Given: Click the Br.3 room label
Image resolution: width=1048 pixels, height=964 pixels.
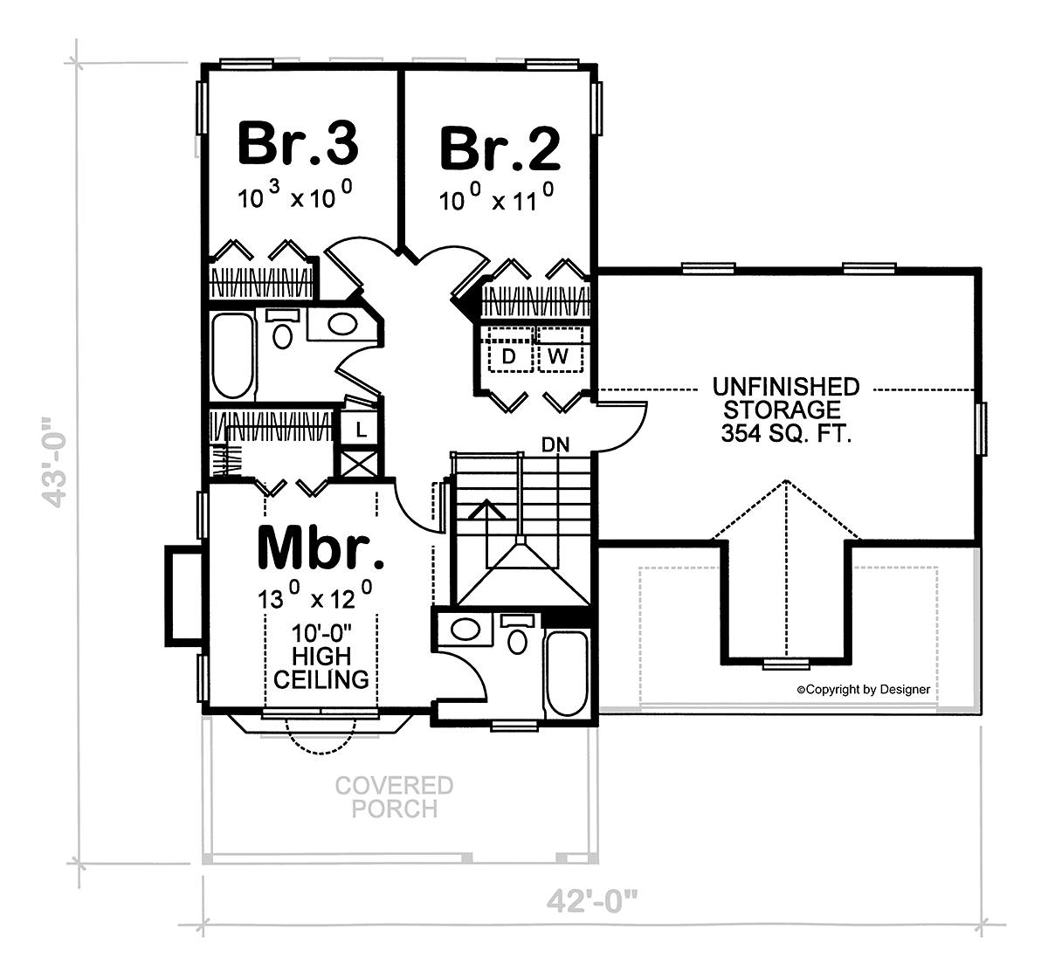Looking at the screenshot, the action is click(x=299, y=143).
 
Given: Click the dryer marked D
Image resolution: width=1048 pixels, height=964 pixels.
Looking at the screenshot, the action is click(x=510, y=349).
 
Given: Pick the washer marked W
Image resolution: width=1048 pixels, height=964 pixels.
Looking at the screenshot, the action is click(x=560, y=349).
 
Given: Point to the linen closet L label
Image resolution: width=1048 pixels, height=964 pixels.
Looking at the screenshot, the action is click(x=361, y=430).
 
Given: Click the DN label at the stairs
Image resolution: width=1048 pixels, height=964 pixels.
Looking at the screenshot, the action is click(x=555, y=444).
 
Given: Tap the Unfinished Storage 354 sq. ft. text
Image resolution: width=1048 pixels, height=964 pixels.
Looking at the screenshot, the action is click(x=786, y=410).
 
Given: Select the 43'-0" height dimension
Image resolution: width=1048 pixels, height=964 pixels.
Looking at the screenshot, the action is click(x=54, y=461).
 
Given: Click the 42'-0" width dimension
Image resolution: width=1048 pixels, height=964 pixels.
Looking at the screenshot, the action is click(x=592, y=901).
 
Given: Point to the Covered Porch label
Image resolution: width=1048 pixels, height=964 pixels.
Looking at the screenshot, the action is click(x=395, y=797).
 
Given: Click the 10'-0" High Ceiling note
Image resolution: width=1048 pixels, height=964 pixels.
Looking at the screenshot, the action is click(x=321, y=657).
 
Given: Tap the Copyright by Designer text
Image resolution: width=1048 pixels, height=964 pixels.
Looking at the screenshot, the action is click(x=864, y=690).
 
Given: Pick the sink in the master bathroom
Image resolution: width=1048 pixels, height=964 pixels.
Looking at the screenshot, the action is click(x=465, y=629).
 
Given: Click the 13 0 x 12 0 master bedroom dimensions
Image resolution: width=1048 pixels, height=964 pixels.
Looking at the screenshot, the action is click(x=315, y=596).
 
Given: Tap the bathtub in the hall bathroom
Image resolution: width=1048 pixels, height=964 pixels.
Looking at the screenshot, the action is click(x=233, y=355).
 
